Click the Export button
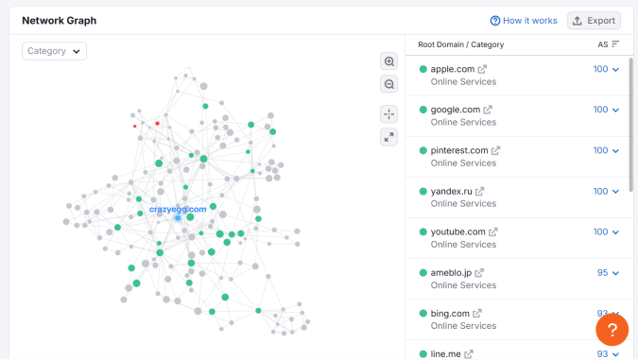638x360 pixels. coord(594,21)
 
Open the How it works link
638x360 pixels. coord(524,21)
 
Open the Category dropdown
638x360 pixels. coord(55,51)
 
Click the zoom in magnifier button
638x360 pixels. coord(389,61)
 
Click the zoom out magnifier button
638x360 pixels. coord(389,85)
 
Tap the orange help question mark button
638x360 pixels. coord(612,330)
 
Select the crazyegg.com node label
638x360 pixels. coord(178,209)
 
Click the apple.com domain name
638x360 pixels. coord(452,69)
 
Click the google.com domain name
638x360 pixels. coord(456,110)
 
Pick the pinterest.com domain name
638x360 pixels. coord(459,150)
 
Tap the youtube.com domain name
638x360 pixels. coord(457,231)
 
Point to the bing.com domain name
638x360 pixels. coord(450,313)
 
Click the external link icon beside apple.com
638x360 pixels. coord(482,69)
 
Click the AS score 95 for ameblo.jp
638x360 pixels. coord(602,272)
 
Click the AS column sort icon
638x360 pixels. coord(615,44)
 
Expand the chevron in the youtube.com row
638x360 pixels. coord(616,231)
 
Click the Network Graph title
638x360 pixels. coord(59,21)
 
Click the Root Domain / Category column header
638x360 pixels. coord(460,44)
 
